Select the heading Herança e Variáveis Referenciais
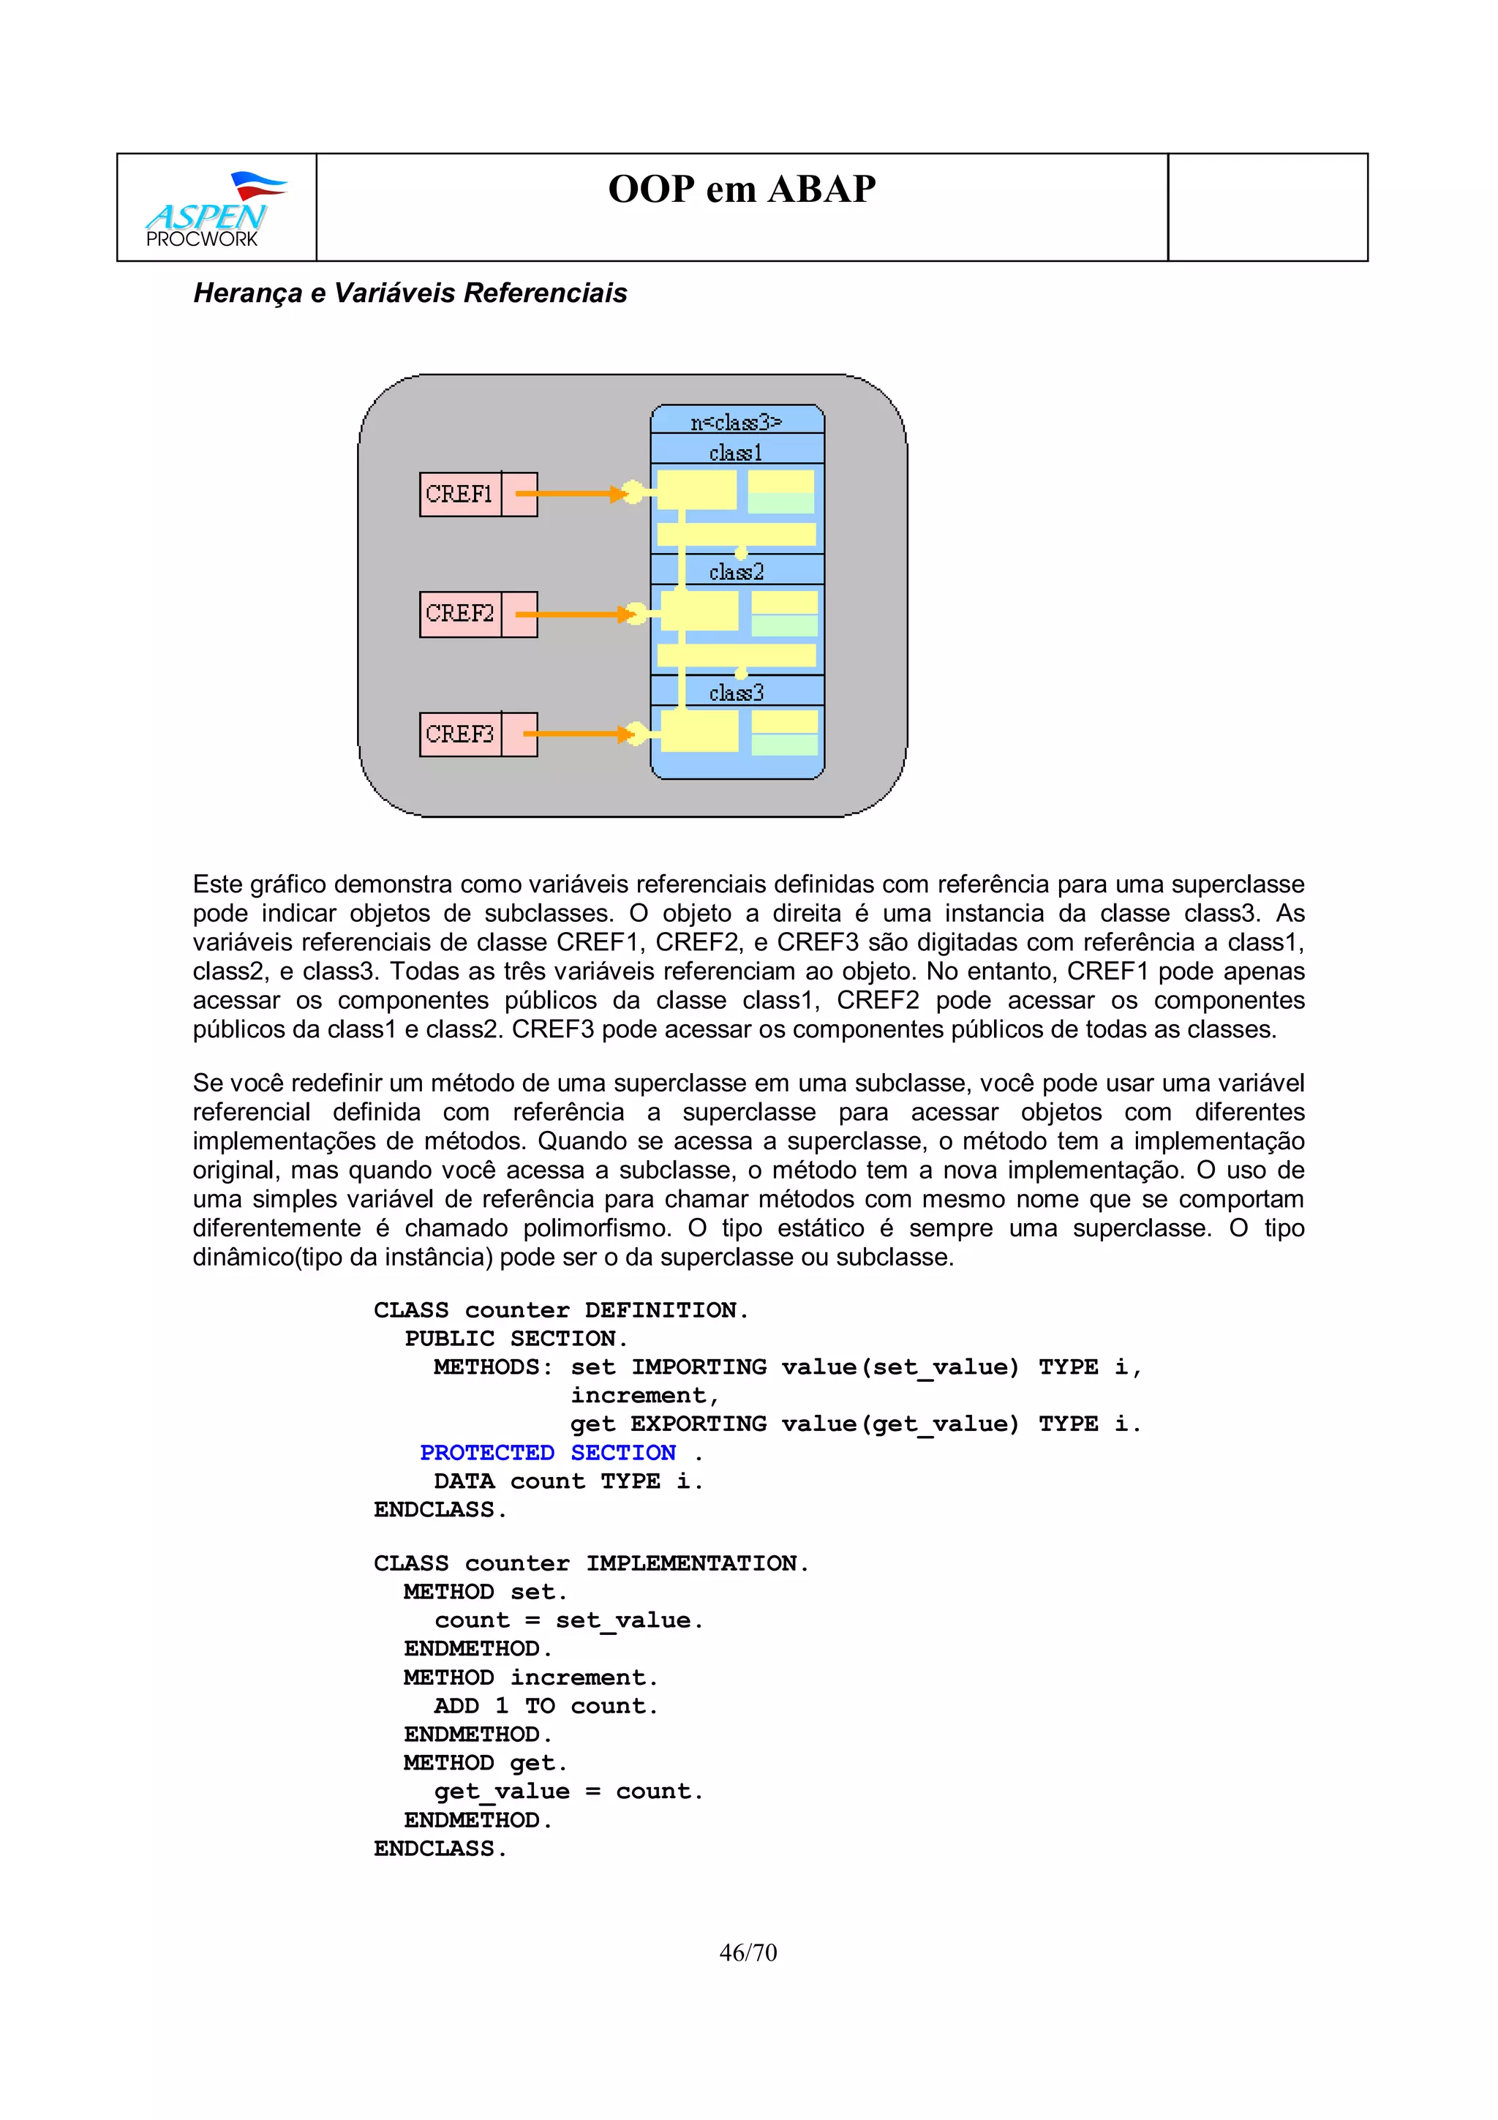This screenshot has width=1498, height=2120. (410, 293)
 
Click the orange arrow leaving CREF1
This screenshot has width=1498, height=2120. (572, 494)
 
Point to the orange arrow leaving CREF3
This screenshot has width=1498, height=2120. (577, 734)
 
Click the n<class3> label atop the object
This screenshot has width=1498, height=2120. (736, 422)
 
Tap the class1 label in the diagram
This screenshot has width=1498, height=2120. (736, 452)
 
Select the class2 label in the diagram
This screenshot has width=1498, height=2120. (736, 573)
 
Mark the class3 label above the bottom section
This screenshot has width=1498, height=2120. (736, 693)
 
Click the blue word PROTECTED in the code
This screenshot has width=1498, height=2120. (486, 1452)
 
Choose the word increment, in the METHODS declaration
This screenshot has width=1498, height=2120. (644, 1395)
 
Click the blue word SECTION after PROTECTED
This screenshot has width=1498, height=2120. (623, 1452)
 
